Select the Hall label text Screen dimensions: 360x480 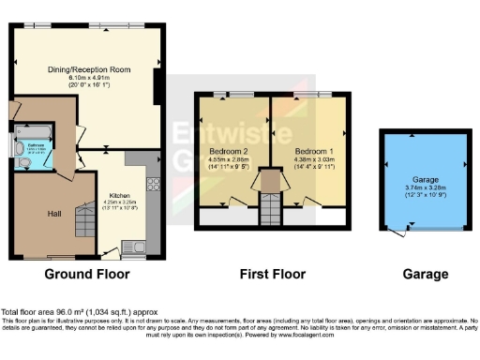pos(55,213)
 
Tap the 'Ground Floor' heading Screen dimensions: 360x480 pos(82,274)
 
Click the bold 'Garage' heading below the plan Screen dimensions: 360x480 pos(418,274)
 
